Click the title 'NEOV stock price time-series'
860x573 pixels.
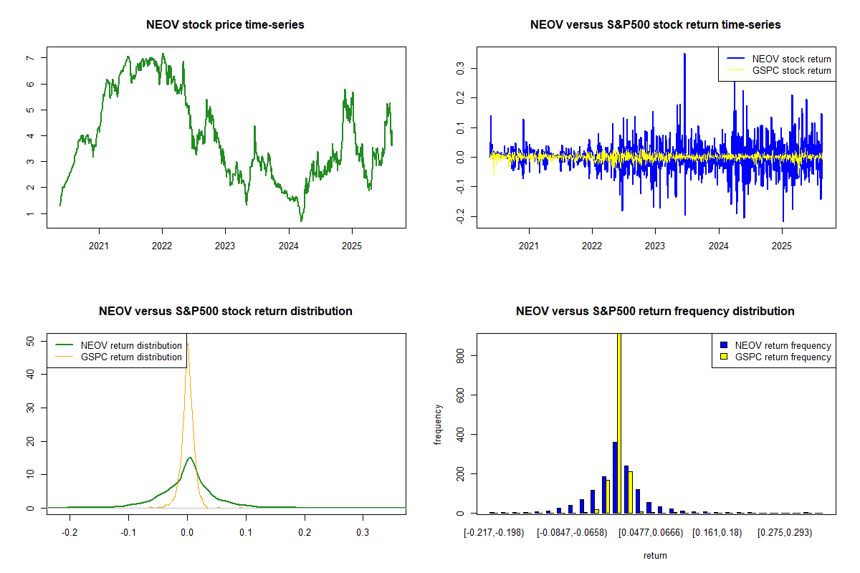pos(225,25)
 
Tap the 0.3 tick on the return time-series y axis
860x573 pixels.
pos(454,67)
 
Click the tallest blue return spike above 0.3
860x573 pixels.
pos(684,54)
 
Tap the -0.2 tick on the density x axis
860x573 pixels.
pos(70,532)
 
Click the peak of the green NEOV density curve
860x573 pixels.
pos(189,458)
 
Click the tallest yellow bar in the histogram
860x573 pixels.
pos(619,423)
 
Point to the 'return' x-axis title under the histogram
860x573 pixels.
pos(655,555)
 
